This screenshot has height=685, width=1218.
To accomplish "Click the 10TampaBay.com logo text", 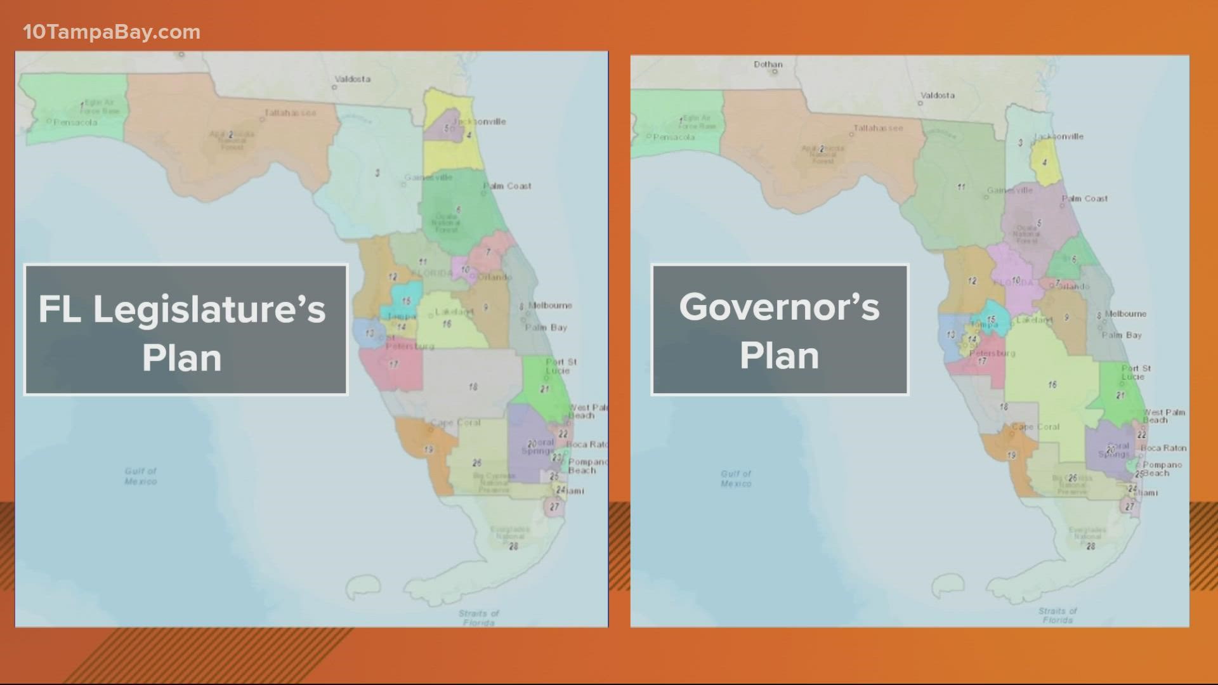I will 112,32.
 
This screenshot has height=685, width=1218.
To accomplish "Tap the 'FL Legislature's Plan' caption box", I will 186,330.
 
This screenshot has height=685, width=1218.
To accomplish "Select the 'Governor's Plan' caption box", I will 780,330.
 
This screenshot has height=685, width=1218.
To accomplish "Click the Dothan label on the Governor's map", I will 768,65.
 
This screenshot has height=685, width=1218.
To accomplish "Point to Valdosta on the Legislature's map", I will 352,79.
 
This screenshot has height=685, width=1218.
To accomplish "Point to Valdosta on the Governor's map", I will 937,96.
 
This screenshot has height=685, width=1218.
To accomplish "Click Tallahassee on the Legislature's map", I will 290,113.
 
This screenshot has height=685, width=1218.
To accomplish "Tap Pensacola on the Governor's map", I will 674,137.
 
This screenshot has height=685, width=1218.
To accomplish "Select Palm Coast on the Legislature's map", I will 507,186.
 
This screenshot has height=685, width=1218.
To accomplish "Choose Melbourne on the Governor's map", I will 1126,314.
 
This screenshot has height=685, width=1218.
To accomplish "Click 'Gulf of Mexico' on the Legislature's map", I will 140,476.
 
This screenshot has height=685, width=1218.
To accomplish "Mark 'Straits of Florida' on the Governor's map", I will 1058,615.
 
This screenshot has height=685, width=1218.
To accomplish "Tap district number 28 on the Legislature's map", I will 513,546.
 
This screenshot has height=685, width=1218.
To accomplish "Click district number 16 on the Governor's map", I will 1052,384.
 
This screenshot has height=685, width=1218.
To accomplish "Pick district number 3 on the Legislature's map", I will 377,173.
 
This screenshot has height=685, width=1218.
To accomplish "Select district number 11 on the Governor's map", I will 961,187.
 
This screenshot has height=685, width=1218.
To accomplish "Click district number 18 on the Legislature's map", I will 473,387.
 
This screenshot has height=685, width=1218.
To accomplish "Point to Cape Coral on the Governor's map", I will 1036,427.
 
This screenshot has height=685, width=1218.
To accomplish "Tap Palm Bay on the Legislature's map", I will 546,328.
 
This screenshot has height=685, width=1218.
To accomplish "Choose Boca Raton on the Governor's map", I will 1163,448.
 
